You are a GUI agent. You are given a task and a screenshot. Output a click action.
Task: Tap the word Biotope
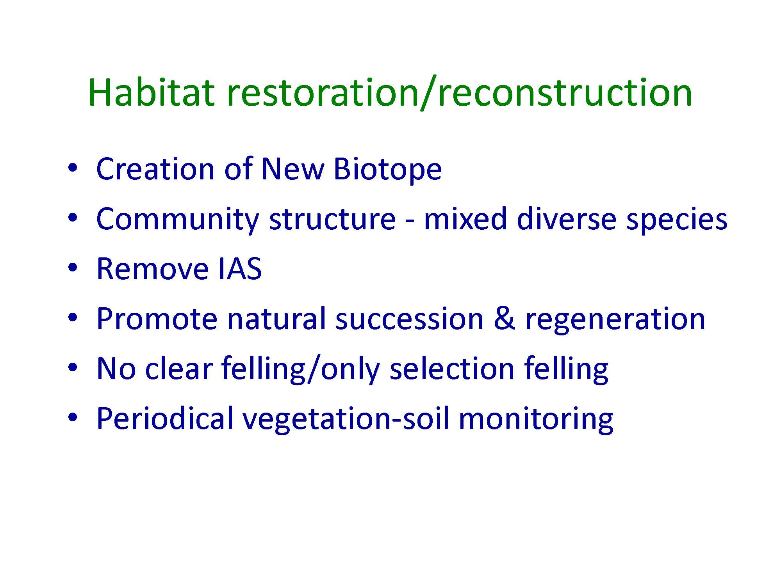click(x=387, y=170)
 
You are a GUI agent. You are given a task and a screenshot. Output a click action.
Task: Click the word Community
click(x=177, y=220)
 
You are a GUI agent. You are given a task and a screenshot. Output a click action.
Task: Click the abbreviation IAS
click(x=240, y=269)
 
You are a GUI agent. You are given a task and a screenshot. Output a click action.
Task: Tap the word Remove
click(x=152, y=269)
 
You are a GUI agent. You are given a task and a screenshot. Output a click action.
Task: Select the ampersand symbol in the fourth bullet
click(x=504, y=319)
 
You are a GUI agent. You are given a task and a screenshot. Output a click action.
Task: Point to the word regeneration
click(x=615, y=321)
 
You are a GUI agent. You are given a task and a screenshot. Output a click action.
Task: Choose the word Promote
click(x=157, y=319)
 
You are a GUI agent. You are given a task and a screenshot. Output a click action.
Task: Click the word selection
click(x=452, y=369)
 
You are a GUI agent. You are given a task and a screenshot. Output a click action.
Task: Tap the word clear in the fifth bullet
click(x=178, y=369)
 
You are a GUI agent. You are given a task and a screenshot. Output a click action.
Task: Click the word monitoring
click(x=536, y=420)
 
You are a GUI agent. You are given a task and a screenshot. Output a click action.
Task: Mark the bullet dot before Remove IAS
click(x=73, y=268)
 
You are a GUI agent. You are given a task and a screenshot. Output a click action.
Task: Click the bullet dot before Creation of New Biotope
click(x=73, y=168)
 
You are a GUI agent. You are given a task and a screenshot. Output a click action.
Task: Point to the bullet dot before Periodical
click(x=73, y=417)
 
